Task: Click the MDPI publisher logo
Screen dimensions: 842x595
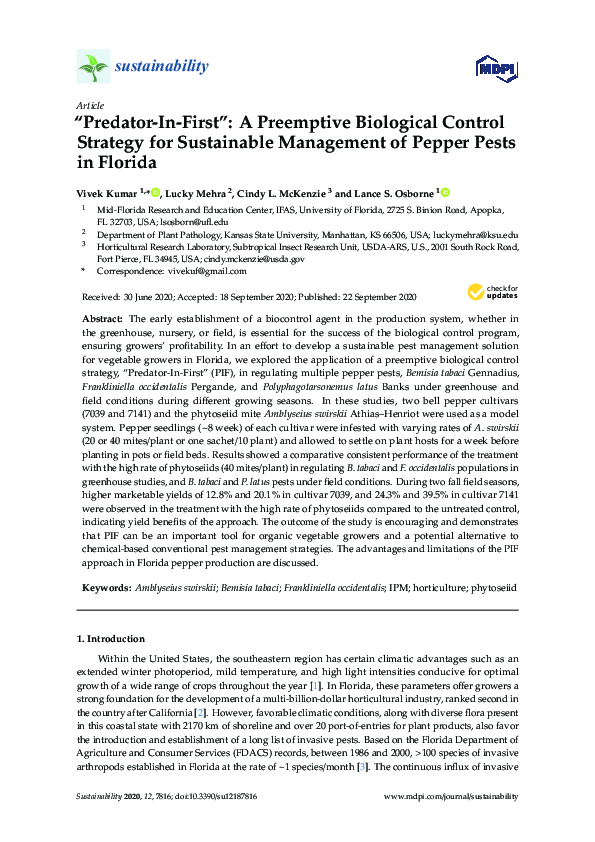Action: [487, 68]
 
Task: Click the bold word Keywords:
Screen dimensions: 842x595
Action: [105, 588]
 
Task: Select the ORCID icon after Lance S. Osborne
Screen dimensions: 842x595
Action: [445, 192]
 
